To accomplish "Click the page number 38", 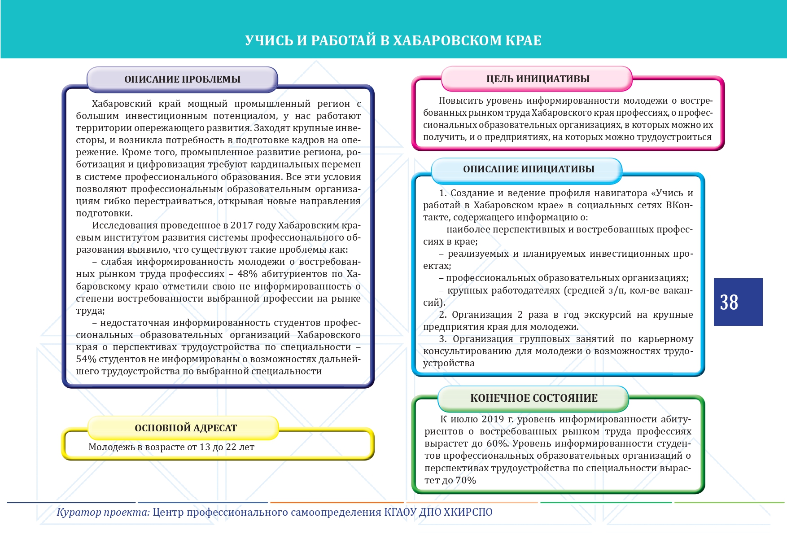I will pos(729,303).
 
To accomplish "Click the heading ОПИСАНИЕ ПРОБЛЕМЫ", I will pos(182,79).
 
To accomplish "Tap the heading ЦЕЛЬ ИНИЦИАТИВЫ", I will pos(538,79).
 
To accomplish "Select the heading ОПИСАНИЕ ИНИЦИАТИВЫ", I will pos(528,169).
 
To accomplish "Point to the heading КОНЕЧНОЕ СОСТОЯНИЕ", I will pos(533,398).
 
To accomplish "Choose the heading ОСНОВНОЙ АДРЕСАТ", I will pos(185,428).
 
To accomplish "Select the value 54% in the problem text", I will pos(86,359).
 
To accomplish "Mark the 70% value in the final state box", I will pos(466,480).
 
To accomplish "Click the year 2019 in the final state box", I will pos(493,419).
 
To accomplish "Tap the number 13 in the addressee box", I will pos(205,447).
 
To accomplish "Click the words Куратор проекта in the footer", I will pos(103,512).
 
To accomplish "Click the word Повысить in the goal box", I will pos(459,101).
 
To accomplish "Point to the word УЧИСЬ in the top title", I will pos(269,40).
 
